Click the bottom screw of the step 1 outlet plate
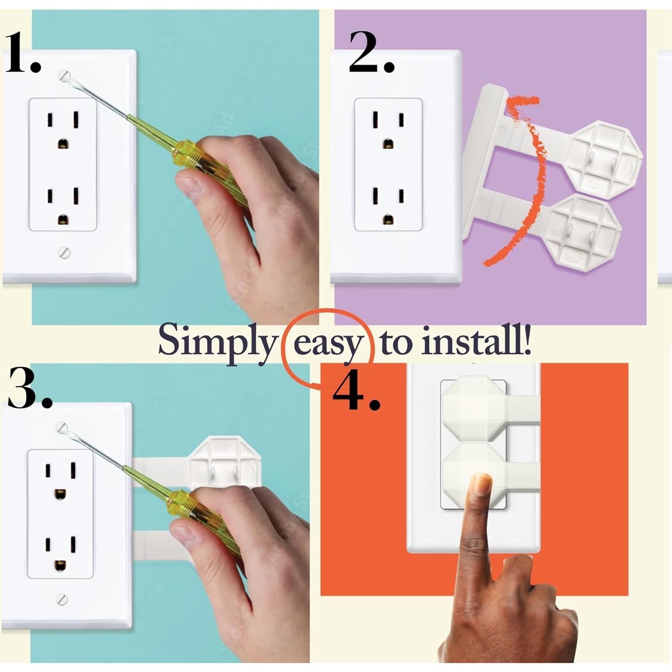(x=65, y=253)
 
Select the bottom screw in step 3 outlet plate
(x=62, y=599)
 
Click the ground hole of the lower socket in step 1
(x=63, y=220)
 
